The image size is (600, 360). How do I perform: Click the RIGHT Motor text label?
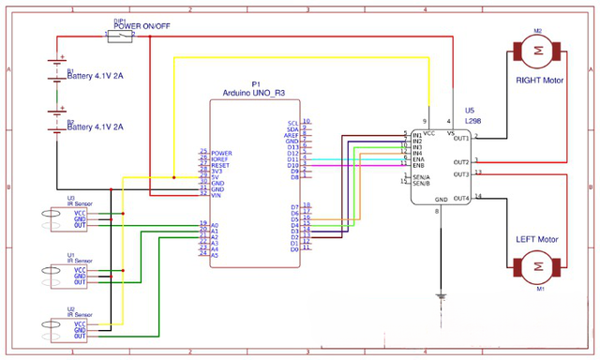[x=540, y=81]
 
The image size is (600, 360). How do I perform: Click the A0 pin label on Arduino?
[x=216, y=226]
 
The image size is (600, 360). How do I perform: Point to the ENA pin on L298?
[x=418, y=158]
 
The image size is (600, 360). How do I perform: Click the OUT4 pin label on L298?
[x=459, y=198]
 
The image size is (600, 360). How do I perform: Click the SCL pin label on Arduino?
[x=293, y=123]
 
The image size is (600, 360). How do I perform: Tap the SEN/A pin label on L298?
[x=420, y=176]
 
